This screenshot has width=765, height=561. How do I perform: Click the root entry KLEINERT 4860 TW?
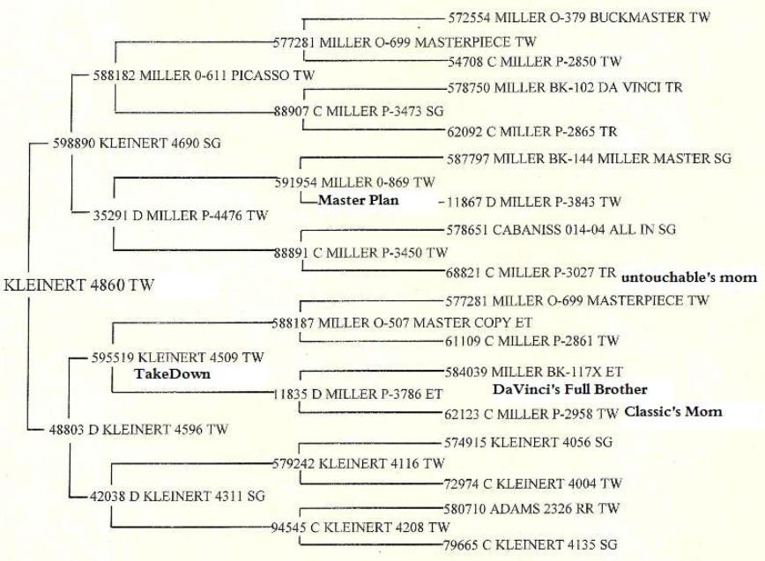tap(79, 285)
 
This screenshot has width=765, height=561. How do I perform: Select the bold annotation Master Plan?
tap(358, 200)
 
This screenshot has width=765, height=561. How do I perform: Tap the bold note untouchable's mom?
tap(689, 277)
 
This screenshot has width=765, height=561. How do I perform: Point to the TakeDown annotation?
tap(172, 373)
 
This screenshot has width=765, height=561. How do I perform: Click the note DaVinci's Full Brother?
tap(570, 389)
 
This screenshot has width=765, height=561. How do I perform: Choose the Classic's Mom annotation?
tap(673, 411)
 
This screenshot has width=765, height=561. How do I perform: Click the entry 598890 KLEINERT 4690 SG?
tap(137, 144)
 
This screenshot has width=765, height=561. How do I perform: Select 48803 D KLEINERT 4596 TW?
tap(138, 430)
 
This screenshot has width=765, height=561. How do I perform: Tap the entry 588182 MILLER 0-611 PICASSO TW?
tap(204, 76)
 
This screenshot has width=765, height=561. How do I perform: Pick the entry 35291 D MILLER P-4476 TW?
tap(181, 216)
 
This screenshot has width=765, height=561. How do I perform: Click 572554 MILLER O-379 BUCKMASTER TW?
tap(579, 18)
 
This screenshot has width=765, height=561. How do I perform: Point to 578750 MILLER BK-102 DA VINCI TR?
tap(565, 88)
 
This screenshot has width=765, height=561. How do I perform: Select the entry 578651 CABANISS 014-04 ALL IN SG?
tap(561, 229)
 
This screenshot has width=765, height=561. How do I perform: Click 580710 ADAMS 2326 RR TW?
tap(531, 509)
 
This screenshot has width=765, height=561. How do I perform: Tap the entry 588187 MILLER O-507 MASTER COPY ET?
tap(402, 322)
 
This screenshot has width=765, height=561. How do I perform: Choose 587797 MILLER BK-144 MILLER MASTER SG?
tap(590, 159)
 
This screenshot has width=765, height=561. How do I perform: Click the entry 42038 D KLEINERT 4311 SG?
tap(178, 496)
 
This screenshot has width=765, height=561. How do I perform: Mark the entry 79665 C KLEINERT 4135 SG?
tap(530, 544)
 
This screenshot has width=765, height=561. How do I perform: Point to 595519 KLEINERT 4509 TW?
tap(178, 358)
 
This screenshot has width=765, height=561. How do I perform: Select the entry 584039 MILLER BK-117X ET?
tap(534, 372)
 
